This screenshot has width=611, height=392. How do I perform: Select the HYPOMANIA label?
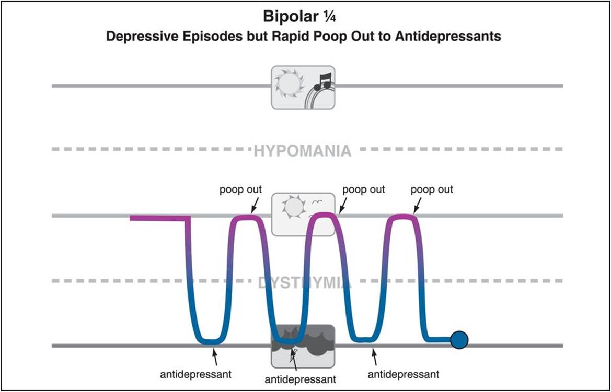click(x=303, y=151)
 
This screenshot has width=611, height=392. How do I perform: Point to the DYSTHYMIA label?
click(x=305, y=283)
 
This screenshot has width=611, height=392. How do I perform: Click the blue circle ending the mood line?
click(x=459, y=340)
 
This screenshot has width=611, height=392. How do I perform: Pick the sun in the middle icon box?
click(x=293, y=208)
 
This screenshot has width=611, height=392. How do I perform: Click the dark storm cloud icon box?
click(x=303, y=346)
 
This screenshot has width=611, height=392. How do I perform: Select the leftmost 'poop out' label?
click(x=240, y=189)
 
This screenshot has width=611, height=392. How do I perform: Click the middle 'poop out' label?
click(x=363, y=189)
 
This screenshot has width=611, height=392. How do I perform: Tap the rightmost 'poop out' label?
click(x=432, y=189)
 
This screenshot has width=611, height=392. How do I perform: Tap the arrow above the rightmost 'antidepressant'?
click(x=374, y=356)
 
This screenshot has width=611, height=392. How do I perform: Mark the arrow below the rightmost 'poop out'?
click(x=418, y=205)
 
